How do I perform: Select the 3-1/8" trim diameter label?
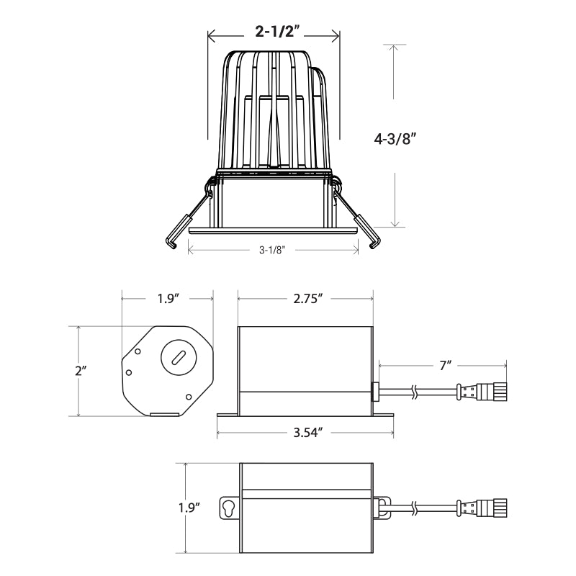pos(273,250)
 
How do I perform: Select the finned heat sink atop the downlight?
pos(274,108)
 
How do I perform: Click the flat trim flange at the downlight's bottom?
pos(273,230)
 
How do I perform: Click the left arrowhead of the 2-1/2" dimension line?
pos(211,32)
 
